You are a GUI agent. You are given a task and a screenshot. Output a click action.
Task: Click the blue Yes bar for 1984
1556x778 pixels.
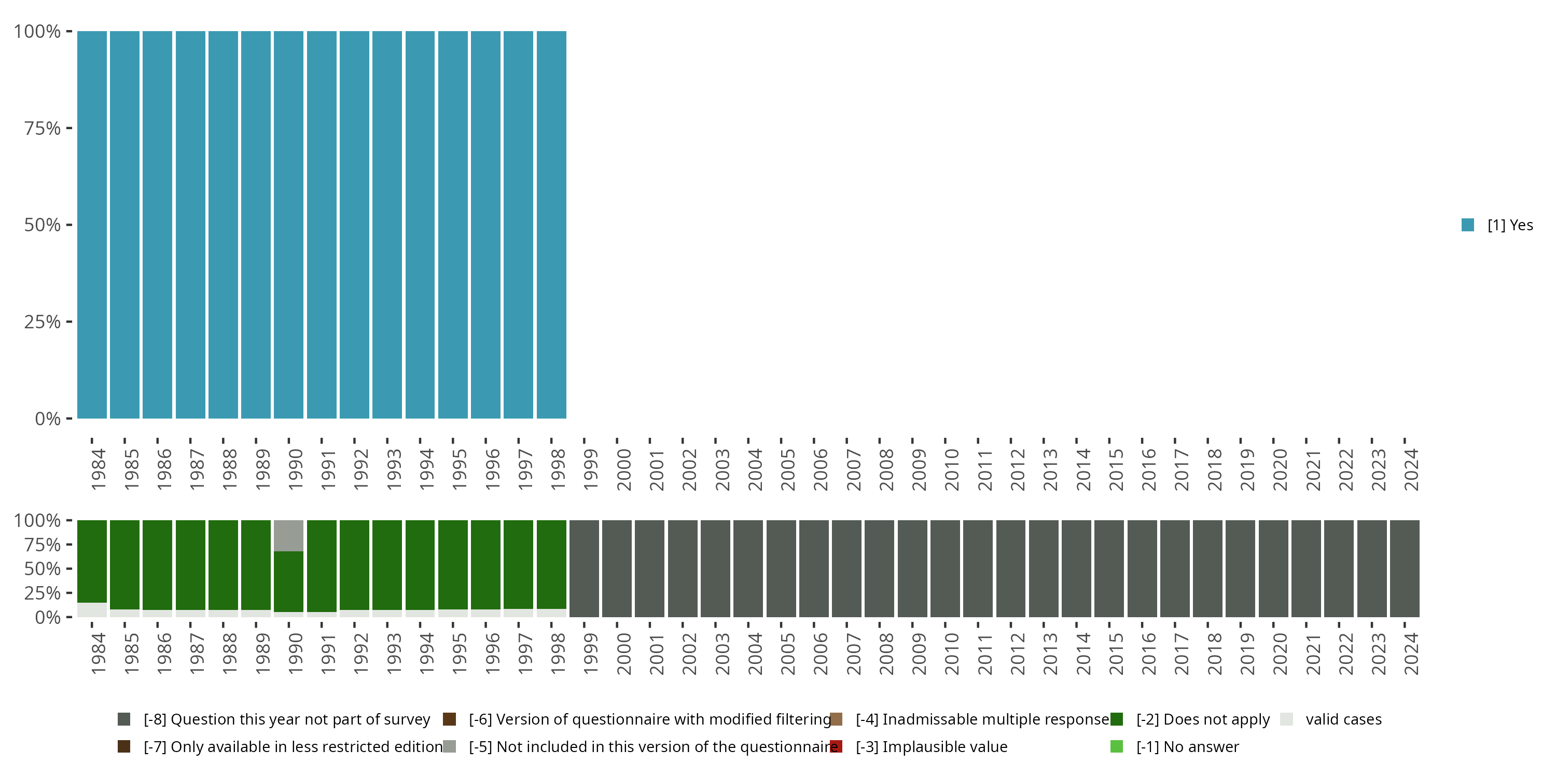(x=92, y=225)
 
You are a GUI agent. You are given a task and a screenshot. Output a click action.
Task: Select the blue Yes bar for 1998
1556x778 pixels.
(x=551, y=225)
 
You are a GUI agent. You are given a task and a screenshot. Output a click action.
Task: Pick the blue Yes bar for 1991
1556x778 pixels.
(x=322, y=225)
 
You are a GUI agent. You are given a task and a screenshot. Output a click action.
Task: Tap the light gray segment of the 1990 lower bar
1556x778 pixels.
(x=289, y=535)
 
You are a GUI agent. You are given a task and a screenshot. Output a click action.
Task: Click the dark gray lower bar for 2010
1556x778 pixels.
(x=944, y=568)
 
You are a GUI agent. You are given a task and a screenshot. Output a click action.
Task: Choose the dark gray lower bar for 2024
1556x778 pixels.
(x=1404, y=568)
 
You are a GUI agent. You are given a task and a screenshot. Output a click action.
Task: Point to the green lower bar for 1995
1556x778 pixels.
(x=453, y=564)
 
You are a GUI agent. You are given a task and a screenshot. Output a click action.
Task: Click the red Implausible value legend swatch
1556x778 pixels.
(x=836, y=746)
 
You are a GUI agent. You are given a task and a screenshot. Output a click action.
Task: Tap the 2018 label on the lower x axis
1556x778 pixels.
(x=1214, y=654)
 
